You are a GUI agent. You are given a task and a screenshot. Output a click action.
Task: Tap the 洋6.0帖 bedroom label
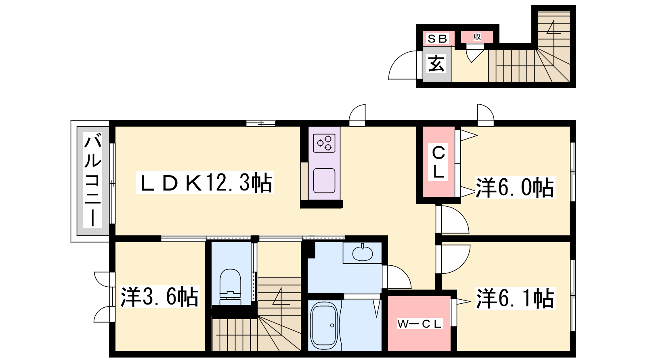515,188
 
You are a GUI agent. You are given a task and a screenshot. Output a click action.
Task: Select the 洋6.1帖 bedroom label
515,298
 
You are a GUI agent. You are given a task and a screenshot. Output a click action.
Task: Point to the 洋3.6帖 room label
159,297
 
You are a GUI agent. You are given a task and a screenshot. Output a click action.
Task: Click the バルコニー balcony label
92,180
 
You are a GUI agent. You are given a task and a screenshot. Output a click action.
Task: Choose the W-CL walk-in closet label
419,324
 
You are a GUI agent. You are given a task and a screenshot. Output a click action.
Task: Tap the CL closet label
438,162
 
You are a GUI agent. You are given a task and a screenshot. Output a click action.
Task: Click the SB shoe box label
437,38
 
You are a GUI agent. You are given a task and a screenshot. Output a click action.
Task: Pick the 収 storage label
477,37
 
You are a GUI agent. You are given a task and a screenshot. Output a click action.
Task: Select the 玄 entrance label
436,63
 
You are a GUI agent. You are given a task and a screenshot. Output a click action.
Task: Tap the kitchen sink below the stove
324,180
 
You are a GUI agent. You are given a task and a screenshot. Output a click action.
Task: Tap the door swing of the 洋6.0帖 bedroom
454,220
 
